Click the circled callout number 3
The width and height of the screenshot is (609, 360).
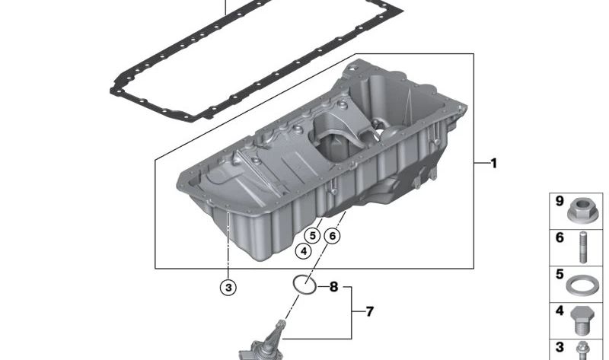228,288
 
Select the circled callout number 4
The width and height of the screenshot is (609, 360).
303,251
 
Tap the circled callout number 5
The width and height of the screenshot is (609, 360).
312,235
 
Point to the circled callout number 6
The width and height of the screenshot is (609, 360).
332,235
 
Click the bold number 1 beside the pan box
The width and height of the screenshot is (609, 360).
493,164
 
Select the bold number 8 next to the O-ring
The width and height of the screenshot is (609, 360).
333,287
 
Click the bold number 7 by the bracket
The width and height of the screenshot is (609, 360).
369,311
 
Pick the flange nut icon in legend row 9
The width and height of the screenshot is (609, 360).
581,212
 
